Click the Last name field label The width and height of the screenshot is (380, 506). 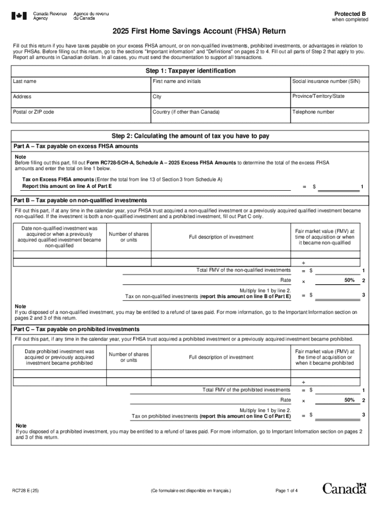coord(24,81)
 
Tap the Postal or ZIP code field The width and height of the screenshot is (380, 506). coord(81,118)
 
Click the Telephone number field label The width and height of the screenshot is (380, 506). coord(313,112)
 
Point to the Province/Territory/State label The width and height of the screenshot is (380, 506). coord(318,96)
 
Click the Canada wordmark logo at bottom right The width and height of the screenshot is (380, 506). coord(344,489)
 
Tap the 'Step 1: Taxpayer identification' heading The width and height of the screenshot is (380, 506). coord(190,71)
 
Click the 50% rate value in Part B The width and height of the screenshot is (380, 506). coord(349,281)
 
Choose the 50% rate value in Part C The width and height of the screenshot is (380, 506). coord(349,400)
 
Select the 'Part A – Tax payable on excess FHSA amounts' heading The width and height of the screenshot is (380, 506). coord(76,146)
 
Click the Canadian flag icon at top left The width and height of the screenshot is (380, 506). coord(19,16)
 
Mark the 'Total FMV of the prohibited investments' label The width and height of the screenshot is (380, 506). coord(246,390)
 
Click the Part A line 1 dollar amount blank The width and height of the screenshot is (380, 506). coord(339,186)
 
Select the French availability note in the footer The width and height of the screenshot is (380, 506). coord(190,491)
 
